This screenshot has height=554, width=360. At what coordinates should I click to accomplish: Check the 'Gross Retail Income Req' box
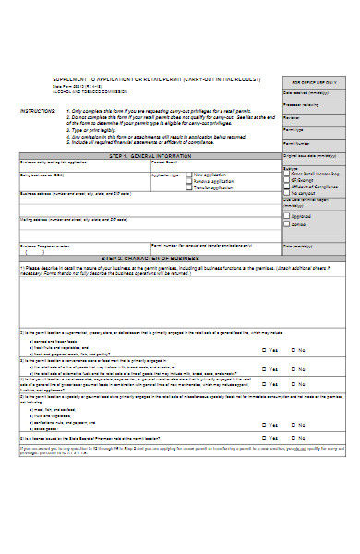coord(286,174)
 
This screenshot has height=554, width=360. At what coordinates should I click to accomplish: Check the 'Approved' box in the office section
coord(286,214)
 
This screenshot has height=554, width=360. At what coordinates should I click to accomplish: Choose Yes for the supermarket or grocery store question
coord(266,350)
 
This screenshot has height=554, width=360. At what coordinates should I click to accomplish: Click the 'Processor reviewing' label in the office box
coord(303,105)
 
